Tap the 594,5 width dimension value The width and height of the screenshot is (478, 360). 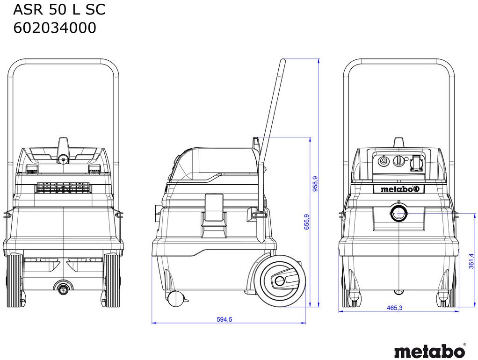[x=225, y=319]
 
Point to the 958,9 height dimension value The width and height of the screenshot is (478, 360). [x=315, y=183]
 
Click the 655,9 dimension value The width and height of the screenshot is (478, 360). [x=306, y=222]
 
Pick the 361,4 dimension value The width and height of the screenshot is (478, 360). [x=471, y=261]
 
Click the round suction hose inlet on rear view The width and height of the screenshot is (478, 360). [x=398, y=213]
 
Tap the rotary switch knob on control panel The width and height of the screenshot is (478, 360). [x=398, y=161]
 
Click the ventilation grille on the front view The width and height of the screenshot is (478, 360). [x=63, y=188]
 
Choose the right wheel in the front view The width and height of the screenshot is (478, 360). [x=112, y=281]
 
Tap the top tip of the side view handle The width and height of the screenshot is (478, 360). [x=283, y=61]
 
